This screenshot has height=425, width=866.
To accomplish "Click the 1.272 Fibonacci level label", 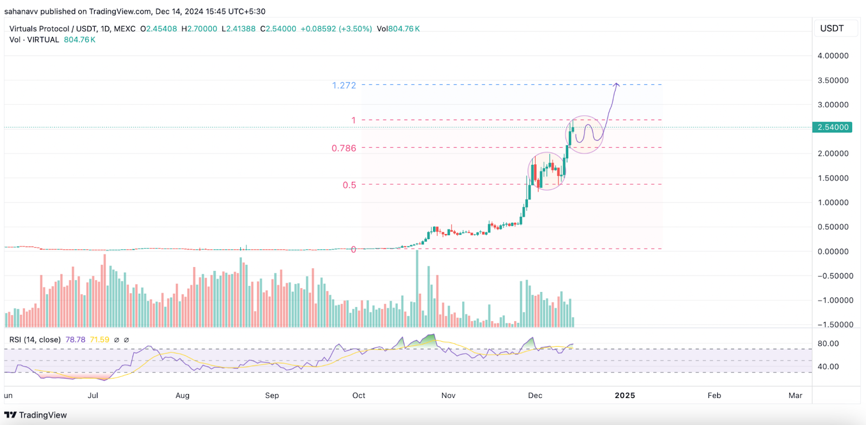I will coord(344,85).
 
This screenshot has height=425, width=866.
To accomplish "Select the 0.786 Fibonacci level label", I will coord(344,148).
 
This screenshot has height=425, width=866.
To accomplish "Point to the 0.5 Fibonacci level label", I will coord(349,185).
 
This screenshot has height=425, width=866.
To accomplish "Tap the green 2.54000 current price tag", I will coord(832,128).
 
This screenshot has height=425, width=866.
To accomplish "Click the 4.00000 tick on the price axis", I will coord(832,56).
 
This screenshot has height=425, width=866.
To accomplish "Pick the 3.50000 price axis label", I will coord(832,81).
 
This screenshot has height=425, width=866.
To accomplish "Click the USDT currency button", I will coord(832,28).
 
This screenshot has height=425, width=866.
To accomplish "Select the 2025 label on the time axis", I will coord(625,395).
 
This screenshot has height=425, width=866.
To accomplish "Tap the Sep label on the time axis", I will coord(272,395).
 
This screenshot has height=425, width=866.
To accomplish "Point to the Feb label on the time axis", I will coord(714,395).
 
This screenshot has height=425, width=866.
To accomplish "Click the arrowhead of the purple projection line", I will coord(616,84).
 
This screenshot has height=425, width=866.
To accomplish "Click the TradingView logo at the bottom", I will coord(36,415).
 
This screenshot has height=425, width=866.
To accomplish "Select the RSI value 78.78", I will coord(75,340).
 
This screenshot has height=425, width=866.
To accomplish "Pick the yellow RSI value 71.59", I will coord(100,340).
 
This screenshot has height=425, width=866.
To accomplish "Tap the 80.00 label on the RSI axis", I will coord(828,343).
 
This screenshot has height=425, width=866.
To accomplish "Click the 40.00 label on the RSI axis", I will coord(828,367).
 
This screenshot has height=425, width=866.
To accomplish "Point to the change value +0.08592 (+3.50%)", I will coord(336,29).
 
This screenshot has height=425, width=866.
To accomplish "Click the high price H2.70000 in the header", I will coord(199,29).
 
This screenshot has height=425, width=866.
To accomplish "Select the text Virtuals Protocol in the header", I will coord(39,29).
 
